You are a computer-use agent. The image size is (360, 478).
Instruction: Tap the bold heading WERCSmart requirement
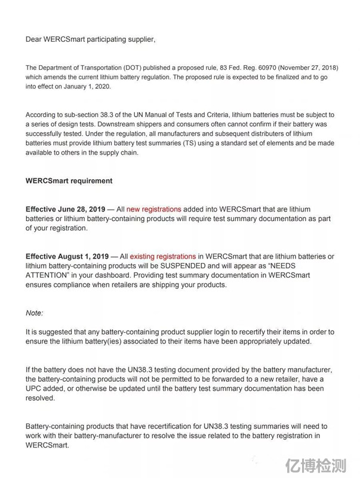click(x=69, y=180)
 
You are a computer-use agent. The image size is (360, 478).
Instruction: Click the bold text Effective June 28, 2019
click(x=64, y=210)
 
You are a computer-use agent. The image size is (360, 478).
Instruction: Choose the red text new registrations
click(x=153, y=210)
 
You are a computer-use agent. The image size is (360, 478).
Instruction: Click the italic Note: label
click(x=35, y=312)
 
